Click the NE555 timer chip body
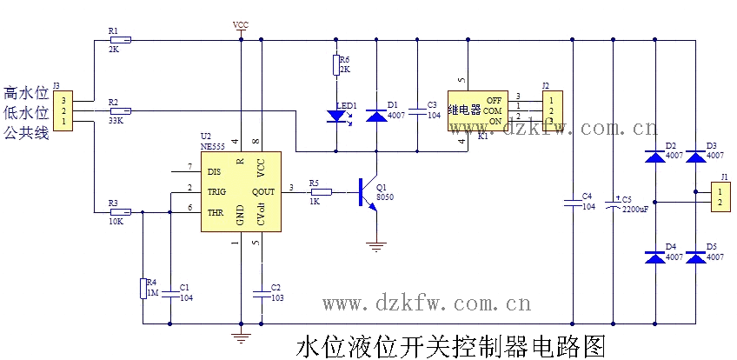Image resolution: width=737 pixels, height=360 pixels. click(x=241, y=191)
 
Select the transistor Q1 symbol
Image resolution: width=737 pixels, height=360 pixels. click(x=367, y=192)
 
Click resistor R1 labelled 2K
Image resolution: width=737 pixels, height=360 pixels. click(x=120, y=40)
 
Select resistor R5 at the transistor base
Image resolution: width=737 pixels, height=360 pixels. click(x=321, y=192)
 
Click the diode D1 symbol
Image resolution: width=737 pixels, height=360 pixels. click(x=377, y=115)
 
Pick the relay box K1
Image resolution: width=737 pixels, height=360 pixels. click(x=476, y=111)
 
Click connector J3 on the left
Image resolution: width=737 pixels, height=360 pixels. click(x=63, y=111)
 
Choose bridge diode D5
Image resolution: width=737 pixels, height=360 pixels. click(x=696, y=258)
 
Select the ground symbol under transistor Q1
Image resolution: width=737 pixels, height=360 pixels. click(x=376, y=246)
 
